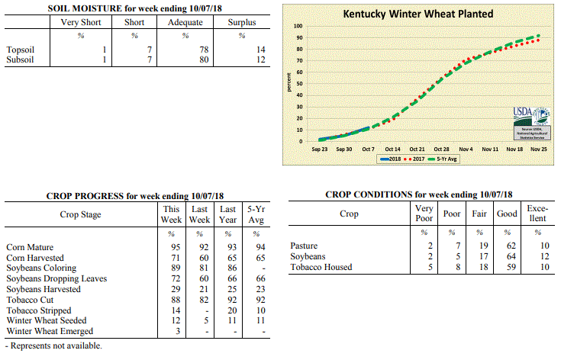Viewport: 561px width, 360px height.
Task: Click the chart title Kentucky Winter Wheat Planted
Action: (x=418, y=14)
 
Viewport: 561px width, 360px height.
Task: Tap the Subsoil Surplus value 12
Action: (x=260, y=59)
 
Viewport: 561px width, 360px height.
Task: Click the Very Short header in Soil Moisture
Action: (x=80, y=21)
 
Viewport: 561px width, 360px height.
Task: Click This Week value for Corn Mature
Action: (x=177, y=247)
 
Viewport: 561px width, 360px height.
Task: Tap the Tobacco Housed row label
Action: (x=321, y=267)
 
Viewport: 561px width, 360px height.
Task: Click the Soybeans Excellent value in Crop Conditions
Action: (x=543, y=256)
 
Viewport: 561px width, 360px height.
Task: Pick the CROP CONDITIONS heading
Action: (x=418, y=194)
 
